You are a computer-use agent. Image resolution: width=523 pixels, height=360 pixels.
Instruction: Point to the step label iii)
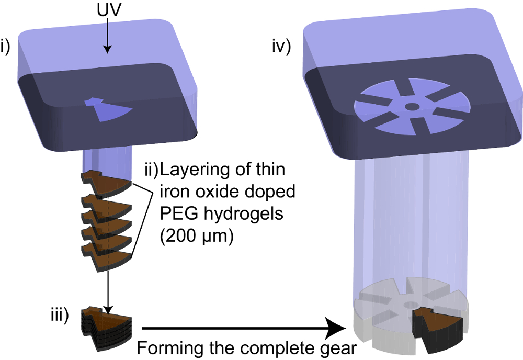coord(59,316)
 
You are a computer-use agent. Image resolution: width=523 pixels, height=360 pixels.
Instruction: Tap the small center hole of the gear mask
coord(412,107)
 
